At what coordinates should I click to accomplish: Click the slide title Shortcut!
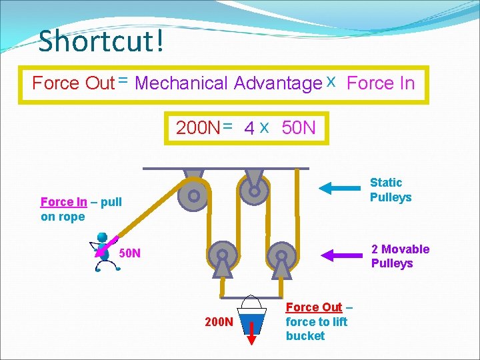(x=101, y=41)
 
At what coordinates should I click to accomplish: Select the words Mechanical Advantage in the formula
(x=228, y=83)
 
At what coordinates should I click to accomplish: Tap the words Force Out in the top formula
(x=73, y=83)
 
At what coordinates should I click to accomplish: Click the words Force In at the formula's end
(x=381, y=83)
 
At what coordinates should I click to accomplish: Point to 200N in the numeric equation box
(x=197, y=127)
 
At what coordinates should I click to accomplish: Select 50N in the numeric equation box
(x=299, y=127)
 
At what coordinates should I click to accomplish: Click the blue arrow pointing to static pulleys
(x=343, y=189)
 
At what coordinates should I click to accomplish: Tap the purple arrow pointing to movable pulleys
(x=343, y=255)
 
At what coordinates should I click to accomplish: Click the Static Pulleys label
(x=391, y=189)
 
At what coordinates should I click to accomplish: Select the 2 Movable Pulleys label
(x=400, y=256)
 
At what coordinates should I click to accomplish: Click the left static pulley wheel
(x=193, y=196)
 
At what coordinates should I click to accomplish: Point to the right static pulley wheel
(x=254, y=191)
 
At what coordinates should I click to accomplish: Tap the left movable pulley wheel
(x=222, y=255)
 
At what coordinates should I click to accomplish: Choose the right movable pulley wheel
(x=281, y=255)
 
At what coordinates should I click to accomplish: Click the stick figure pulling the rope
(x=103, y=253)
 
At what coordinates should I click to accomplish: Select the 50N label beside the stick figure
(x=129, y=253)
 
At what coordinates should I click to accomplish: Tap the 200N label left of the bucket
(x=219, y=323)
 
